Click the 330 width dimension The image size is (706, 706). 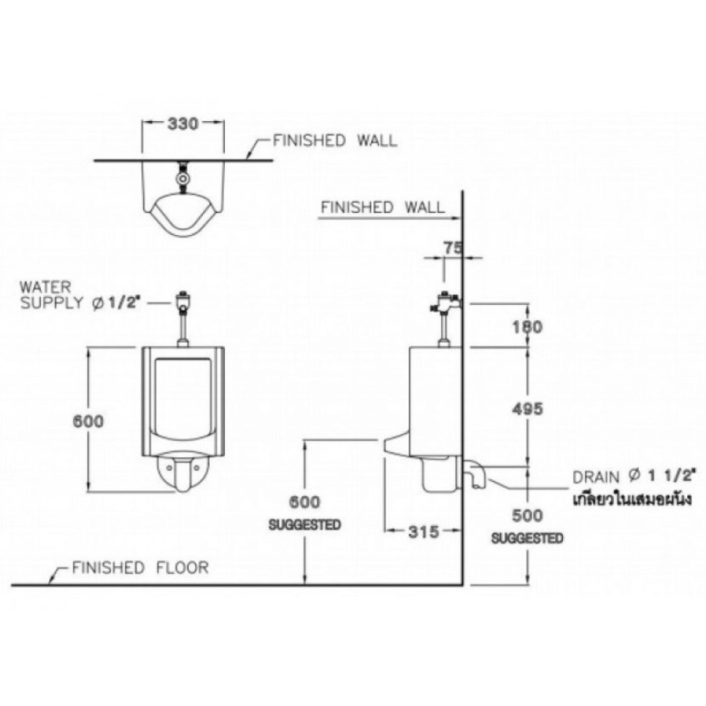183,123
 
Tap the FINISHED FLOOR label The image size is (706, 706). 140,568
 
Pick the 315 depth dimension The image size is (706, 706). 426,532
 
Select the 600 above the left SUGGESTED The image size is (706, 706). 304,503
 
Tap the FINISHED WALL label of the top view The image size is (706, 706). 335,141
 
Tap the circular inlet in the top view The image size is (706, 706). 184,176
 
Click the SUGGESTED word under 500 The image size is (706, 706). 527,538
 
